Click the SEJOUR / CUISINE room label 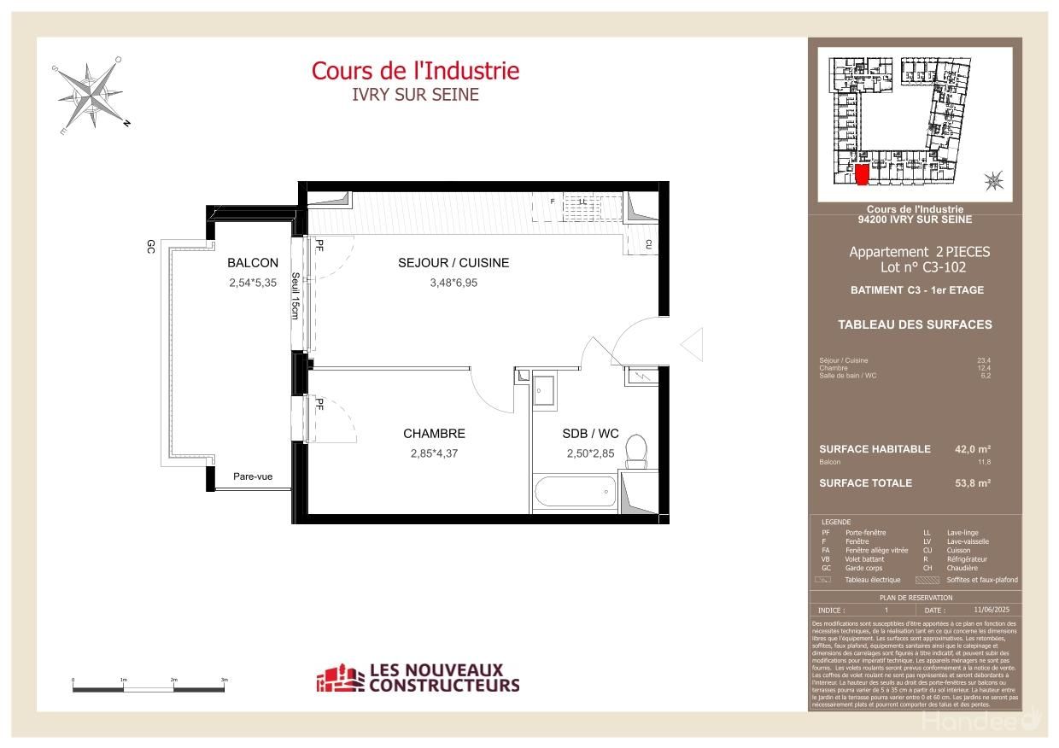click(x=453, y=263)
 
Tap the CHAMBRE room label click(x=434, y=434)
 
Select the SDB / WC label click(x=590, y=434)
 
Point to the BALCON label click(x=252, y=263)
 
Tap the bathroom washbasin click(x=544, y=390)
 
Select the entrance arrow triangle click(x=691, y=343)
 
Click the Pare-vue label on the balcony click(x=253, y=476)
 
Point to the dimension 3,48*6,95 click(x=453, y=283)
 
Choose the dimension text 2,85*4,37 click(x=434, y=453)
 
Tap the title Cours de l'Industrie click(x=415, y=70)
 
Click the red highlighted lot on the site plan click(x=863, y=173)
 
